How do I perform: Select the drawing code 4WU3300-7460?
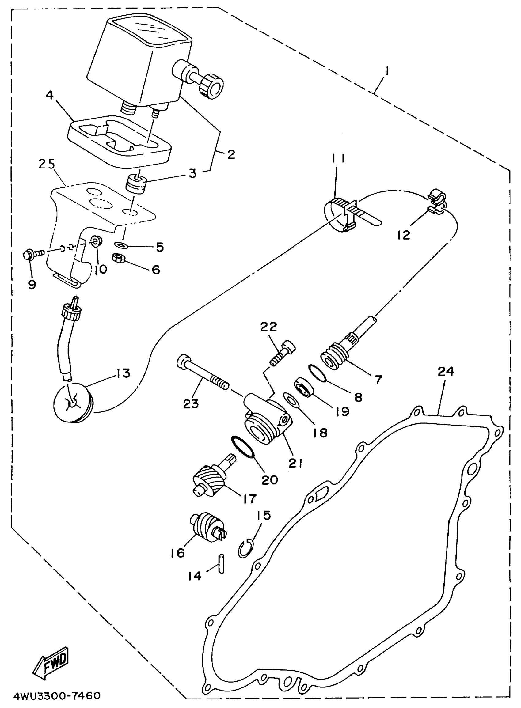point(57,695)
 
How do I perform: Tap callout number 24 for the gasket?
point(446,372)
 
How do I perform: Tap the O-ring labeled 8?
point(317,373)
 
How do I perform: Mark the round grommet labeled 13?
point(73,402)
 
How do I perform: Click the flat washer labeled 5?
point(121,244)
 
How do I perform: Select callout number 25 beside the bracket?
point(47,164)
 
